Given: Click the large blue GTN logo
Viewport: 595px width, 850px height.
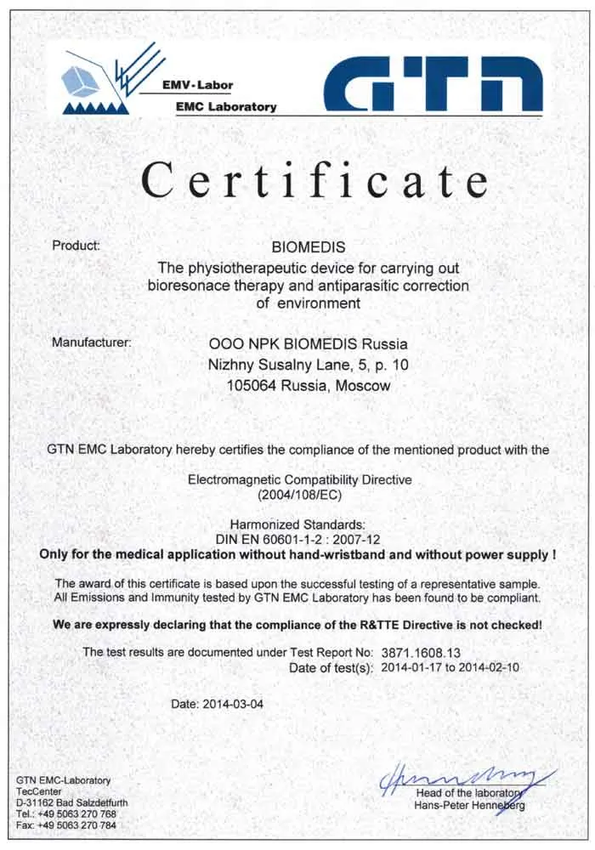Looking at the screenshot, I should [433, 85].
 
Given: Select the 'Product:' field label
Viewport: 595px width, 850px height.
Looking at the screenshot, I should [76, 246].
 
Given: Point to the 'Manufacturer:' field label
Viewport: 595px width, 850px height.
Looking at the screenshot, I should [92, 343].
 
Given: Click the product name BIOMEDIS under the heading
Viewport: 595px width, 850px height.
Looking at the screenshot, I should [308, 248].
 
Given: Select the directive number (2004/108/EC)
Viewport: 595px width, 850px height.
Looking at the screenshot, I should [299, 494].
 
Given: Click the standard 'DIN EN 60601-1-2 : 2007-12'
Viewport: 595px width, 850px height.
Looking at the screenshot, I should [298, 539].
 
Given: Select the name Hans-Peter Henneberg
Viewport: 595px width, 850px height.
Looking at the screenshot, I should [469, 805].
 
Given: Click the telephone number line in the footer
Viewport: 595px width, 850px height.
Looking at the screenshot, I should [66, 814].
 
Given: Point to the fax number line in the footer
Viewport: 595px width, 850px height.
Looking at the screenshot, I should [66, 825].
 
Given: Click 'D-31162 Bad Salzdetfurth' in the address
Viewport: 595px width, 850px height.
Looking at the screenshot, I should [73, 802].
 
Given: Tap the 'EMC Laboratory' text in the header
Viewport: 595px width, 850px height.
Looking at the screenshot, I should [226, 107].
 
